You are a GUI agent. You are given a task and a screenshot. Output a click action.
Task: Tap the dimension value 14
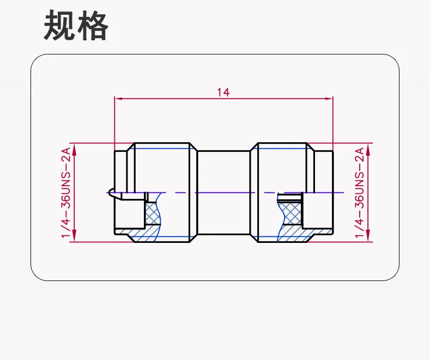[x=223, y=92]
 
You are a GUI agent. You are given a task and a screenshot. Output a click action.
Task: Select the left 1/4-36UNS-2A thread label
[x=66, y=192]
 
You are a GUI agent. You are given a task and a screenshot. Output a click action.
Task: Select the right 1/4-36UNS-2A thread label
[x=359, y=192]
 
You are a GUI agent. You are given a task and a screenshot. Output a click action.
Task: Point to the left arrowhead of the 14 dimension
[x=118, y=99]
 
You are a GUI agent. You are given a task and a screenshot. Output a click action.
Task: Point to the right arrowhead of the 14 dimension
[x=329, y=99]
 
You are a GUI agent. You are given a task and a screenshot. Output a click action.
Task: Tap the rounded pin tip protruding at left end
[x=111, y=192]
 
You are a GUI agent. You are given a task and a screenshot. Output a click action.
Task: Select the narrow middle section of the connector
[x=223, y=192]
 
